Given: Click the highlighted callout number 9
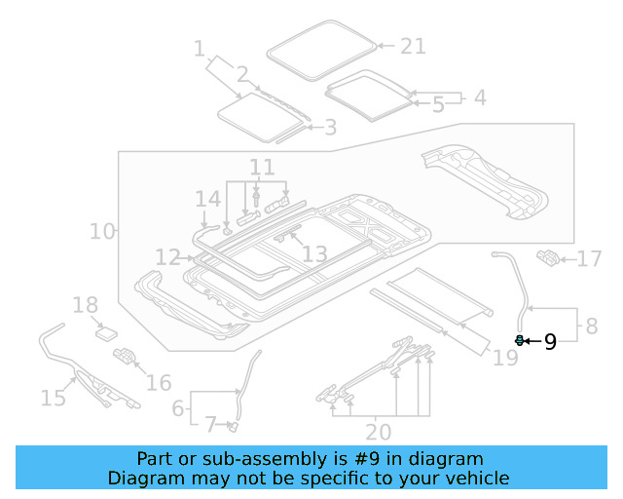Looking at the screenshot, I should click(550, 341).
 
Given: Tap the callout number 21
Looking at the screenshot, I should click(414, 46).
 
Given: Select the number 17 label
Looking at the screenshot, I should click(590, 259).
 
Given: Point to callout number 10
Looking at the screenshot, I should click(101, 232).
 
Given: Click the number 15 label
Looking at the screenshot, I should click(53, 397).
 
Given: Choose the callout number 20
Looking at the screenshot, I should click(378, 432).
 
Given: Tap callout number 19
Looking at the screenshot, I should click(505, 360).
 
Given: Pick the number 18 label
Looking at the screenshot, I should click(86, 306).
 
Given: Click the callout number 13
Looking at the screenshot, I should click(314, 255).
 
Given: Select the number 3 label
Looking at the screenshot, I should click(330, 127).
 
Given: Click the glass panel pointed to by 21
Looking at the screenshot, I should click(322, 51).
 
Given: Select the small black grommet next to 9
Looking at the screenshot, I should click(520, 340).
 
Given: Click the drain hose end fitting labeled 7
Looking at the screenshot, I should click(234, 425).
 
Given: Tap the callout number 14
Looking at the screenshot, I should click(207, 200).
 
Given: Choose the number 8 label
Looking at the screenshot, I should click(591, 326).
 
